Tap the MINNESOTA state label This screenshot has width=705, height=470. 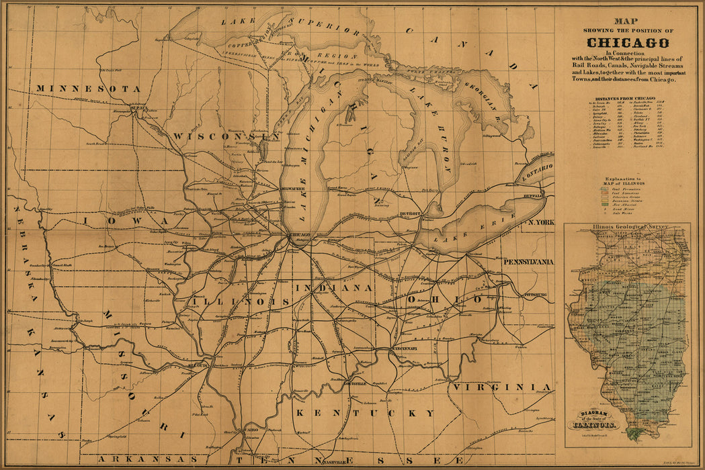pos(88,89)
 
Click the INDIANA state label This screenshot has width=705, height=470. pos(333,287)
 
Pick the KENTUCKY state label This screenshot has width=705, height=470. pos(366,412)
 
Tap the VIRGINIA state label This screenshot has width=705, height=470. pos(502,387)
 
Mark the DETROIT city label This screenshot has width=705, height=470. pos(409,214)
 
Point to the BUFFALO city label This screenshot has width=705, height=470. pos(534,196)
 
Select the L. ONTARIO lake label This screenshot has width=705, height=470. pos(535,166)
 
